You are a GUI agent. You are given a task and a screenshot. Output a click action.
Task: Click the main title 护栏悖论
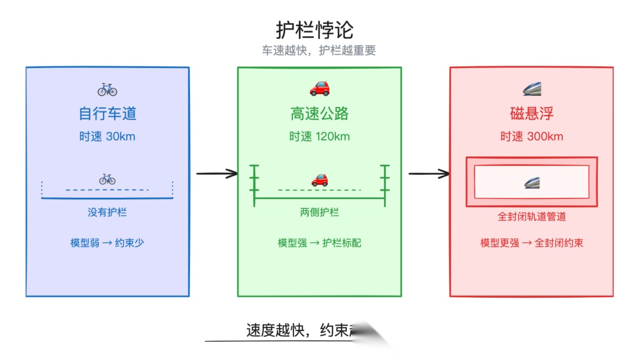point(314,29)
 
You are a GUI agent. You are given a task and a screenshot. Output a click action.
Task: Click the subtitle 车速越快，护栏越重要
point(319,50)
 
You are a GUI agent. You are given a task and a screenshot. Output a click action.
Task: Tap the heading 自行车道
point(108,113)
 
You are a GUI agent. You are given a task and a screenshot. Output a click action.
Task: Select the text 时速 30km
point(108,137)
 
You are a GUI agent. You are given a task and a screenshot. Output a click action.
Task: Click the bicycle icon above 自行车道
point(108,89)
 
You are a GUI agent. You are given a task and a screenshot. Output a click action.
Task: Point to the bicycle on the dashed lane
point(107,179)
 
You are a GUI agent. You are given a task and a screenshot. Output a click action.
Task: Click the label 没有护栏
point(108,212)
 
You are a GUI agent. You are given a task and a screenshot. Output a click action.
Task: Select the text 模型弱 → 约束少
point(107,243)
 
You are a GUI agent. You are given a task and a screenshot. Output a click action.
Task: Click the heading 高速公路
point(319,113)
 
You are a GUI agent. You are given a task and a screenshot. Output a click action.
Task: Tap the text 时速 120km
point(319,137)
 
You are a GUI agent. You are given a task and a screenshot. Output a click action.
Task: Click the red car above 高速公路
point(319,89)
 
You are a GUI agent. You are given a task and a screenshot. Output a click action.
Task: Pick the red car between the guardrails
point(319,179)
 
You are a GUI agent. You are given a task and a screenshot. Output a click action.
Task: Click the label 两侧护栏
point(319,213)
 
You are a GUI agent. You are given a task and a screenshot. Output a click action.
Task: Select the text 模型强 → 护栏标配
point(319,243)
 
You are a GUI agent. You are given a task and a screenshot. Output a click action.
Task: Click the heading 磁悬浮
point(531,113)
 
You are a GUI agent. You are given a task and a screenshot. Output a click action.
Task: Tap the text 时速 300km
point(531,137)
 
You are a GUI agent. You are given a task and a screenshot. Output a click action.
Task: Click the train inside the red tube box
point(531,182)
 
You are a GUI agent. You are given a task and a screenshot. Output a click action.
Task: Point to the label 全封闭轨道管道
point(531,217)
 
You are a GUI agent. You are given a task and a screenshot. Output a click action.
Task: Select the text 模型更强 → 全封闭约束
point(531,243)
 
